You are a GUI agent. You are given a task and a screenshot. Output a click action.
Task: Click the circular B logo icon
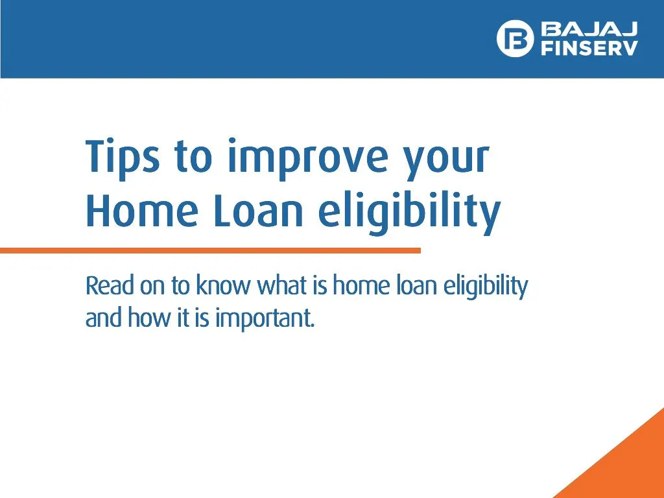click(515, 38)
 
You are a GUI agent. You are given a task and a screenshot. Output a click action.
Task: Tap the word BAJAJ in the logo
click(589, 29)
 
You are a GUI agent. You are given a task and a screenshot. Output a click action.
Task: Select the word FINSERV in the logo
click(589, 49)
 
